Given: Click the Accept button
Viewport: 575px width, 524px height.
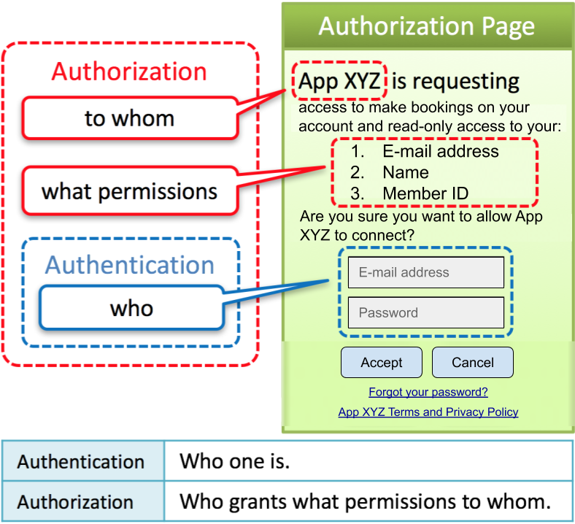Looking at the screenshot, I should tap(382, 363).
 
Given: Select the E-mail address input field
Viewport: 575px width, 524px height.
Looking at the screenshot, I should tap(426, 272).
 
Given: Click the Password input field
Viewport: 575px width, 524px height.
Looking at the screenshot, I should tap(426, 312).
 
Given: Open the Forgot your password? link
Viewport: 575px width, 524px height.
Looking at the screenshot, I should tap(428, 392).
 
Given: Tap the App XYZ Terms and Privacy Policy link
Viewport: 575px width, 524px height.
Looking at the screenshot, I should tap(428, 412).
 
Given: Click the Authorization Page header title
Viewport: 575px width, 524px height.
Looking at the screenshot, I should tap(427, 27).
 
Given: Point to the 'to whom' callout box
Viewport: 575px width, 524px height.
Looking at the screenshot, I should tap(130, 118).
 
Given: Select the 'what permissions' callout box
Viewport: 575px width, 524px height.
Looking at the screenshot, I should tap(130, 191).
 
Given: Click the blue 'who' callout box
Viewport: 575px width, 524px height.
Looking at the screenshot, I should tap(131, 307).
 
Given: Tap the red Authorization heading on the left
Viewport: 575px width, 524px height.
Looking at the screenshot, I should tap(129, 72).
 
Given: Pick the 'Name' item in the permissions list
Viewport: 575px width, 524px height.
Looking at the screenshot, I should tap(405, 173).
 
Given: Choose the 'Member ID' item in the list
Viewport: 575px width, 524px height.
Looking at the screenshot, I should tap(425, 193).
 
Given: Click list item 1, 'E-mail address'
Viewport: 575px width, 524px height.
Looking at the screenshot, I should tap(440, 152).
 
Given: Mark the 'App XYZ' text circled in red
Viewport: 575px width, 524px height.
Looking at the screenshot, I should tap(339, 80).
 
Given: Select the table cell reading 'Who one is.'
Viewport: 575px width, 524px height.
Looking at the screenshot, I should tap(234, 461).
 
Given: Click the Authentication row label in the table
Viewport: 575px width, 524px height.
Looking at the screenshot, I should tap(81, 462).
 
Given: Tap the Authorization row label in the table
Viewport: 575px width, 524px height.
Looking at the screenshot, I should tap(75, 502).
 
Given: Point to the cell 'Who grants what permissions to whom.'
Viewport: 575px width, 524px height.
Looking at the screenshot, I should tap(365, 502).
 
